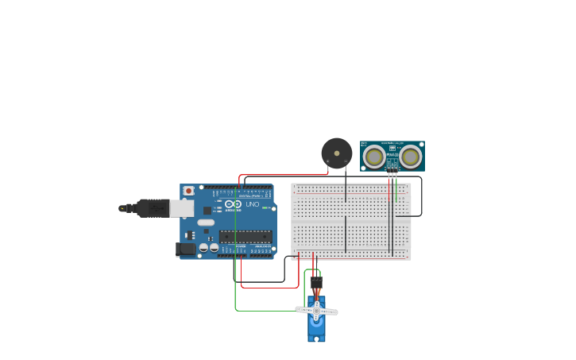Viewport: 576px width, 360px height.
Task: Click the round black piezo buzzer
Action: [x=336, y=153]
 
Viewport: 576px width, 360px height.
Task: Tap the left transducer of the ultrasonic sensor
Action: [x=374, y=156]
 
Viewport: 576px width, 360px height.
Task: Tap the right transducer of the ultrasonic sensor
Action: [x=410, y=156]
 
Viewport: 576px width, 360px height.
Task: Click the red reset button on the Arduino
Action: [x=188, y=191]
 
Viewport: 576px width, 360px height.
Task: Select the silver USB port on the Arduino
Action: [x=182, y=208]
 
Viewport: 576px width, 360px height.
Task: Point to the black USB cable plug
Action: [x=151, y=208]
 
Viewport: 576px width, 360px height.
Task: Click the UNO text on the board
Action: [x=252, y=204]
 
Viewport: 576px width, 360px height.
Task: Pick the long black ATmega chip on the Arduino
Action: [x=245, y=236]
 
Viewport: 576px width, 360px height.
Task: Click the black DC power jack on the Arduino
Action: [x=186, y=249]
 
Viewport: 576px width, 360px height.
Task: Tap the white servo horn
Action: [x=316, y=310]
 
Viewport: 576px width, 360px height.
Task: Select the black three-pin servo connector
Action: [x=316, y=282]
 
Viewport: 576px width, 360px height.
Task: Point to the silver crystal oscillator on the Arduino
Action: [x=206, y=222]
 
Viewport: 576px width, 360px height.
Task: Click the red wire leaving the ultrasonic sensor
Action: [x=389, y=178]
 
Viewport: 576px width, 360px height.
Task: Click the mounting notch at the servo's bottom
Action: [x=316, y=340]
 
